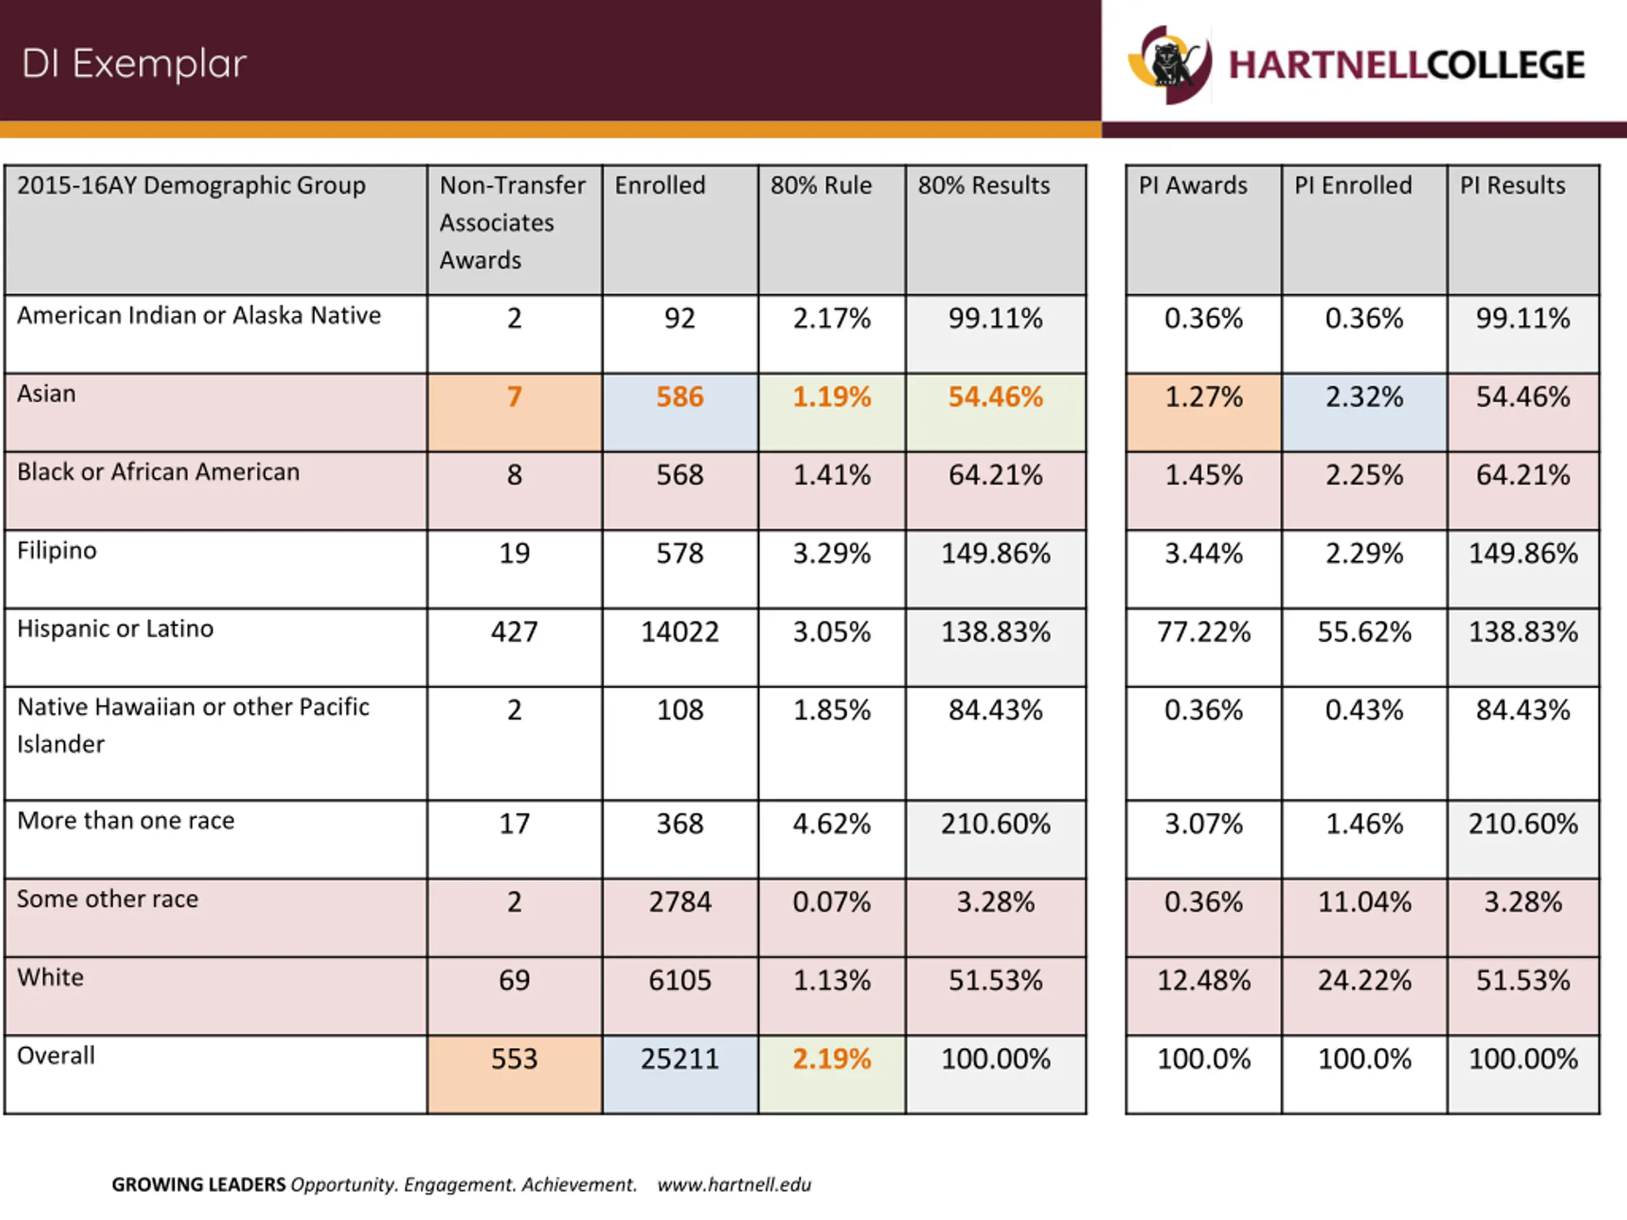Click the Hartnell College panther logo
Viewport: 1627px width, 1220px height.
coord(1169,65)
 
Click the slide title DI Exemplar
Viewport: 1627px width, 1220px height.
coord(134,64)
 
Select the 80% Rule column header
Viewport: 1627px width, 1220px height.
coord(821,186)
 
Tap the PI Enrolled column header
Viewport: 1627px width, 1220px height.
coord(1352,186)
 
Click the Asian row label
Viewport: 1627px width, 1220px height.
coord(46,394)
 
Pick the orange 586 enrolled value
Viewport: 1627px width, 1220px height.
coord(679,397)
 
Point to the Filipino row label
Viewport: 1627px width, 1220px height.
coord(57,551)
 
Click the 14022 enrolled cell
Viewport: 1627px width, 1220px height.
coord(679,632)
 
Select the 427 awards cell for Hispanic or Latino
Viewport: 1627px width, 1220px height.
coord(514,632)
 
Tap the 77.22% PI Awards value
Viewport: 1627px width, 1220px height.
coord(1203,632)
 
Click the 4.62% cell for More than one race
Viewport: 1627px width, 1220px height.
coord(831,823)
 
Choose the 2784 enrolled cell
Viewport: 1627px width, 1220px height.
coord(679,902)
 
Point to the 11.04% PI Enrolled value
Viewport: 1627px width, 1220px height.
coord(1364,902)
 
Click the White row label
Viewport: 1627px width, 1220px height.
coord(51,977)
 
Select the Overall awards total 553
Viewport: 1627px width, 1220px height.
coord(514,1059)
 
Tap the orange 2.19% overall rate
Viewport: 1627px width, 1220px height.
coord(831,1059)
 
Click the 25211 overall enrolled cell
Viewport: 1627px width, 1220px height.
coord(679,1059)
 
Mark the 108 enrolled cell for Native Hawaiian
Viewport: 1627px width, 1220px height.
coord(679,710)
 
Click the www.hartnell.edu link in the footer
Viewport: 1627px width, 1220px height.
coord(734,1184)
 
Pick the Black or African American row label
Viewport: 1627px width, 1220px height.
coord(158,472)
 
